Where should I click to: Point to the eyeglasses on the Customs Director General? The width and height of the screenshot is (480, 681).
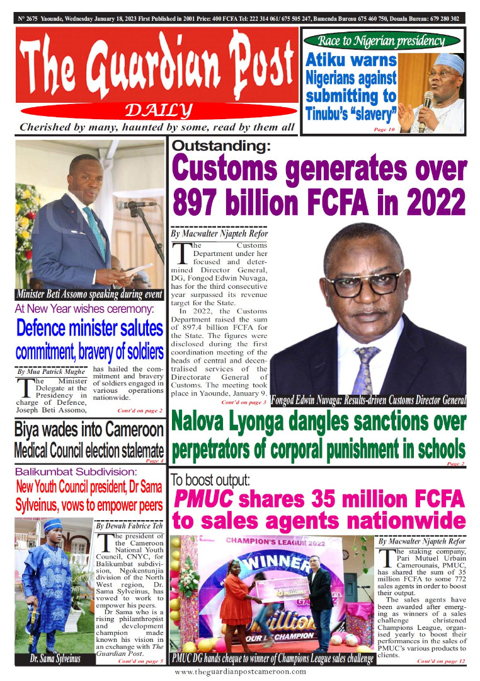(x=365, y=282)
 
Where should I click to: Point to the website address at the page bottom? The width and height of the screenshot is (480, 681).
(x=240, y=672)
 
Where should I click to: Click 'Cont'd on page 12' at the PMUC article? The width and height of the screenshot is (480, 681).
(x=440, y=660)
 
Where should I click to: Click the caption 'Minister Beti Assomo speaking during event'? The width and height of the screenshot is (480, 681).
(x=89, y=294)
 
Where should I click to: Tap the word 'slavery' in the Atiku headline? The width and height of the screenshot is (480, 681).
(x=372, y=115)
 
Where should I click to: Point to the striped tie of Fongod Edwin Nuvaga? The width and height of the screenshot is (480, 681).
(x=367, y=369)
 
